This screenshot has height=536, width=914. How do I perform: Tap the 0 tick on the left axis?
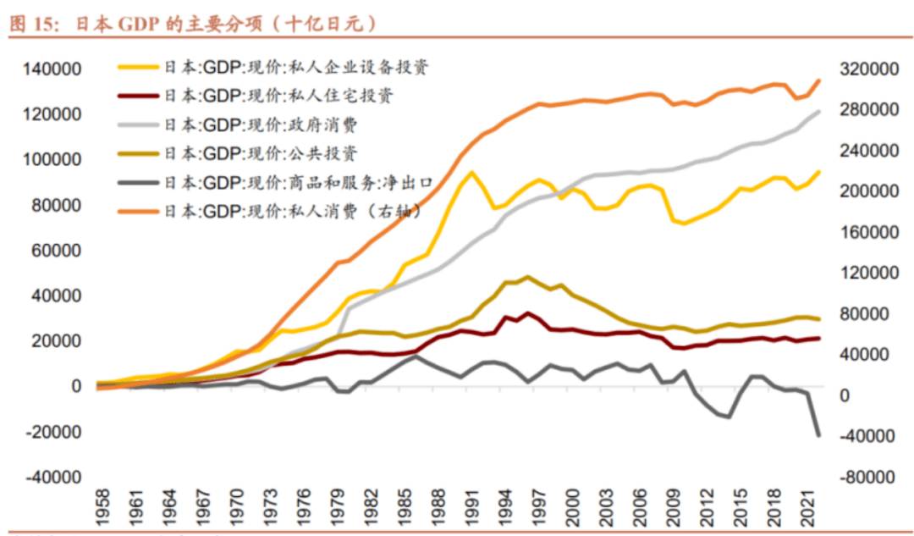click(x=75, y=386)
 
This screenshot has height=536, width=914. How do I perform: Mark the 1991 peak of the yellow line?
click(x=471, y=173)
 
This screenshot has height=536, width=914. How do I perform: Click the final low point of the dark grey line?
click(x=818, y=435)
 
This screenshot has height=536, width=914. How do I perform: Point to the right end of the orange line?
click(x=818, y=80)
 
